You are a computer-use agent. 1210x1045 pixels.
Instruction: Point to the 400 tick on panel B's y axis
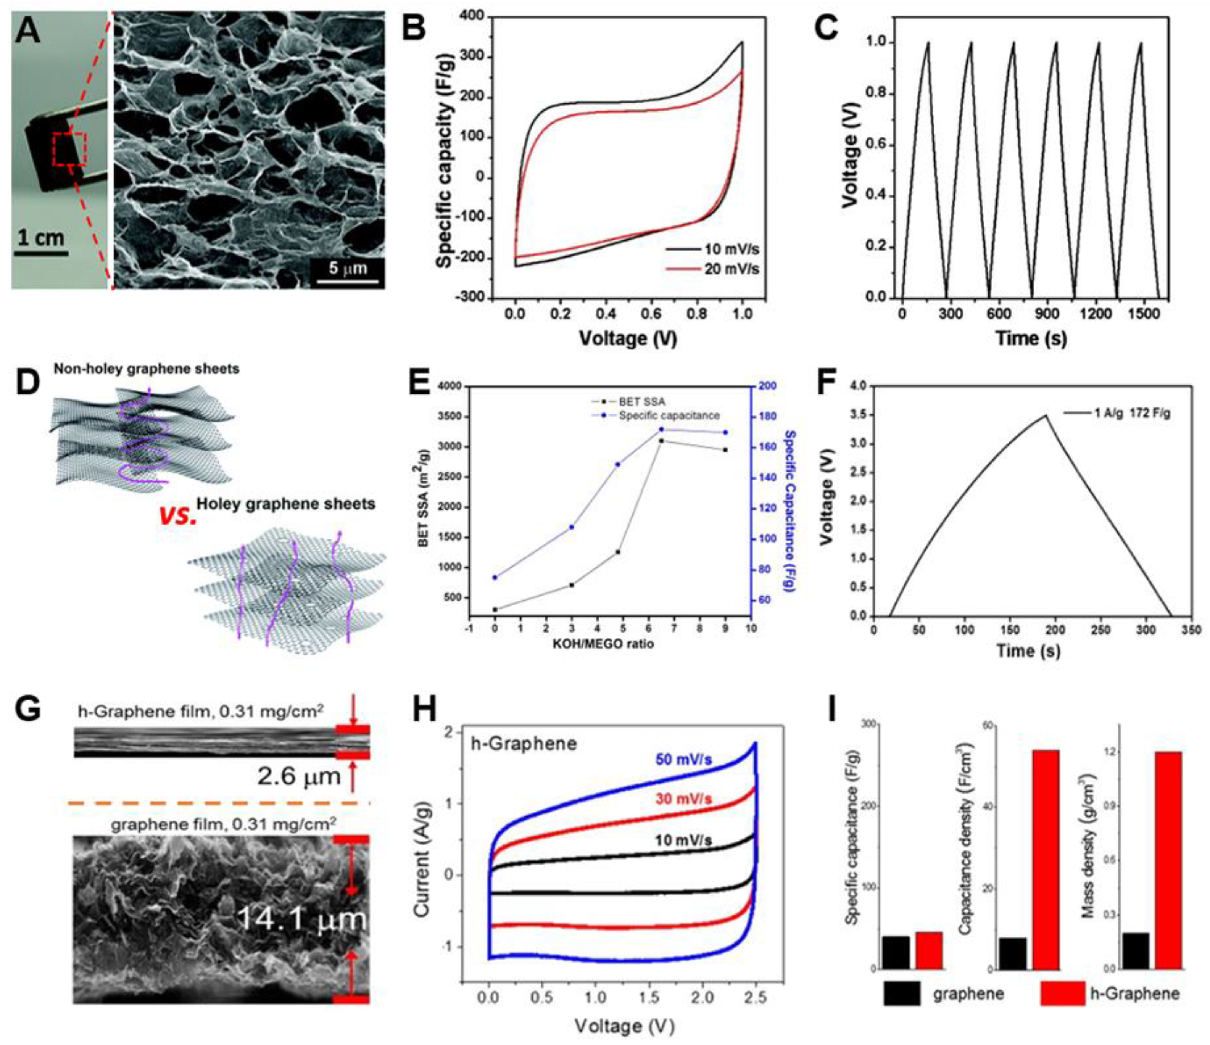tap(473, 18)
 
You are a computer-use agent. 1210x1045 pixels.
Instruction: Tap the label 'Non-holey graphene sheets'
tap(146, 369)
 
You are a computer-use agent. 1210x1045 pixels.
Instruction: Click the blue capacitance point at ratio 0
tap(495, 577)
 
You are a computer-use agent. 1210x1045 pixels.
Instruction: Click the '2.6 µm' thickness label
tap(298, 776)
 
